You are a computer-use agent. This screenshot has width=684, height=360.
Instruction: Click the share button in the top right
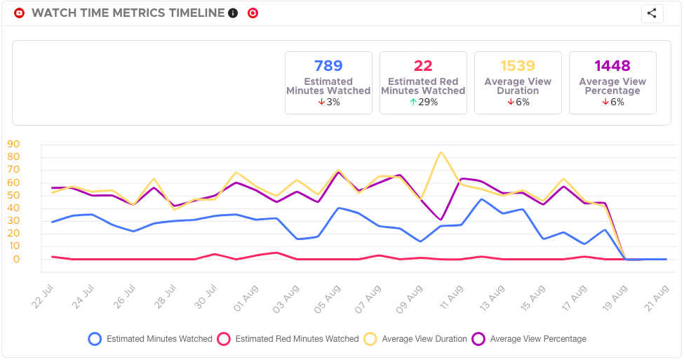tap(652, 13)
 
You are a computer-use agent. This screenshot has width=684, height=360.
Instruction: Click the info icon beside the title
tap(233, 13)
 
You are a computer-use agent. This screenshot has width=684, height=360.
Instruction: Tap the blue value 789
tap(328, 66)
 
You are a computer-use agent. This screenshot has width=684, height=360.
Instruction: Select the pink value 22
tap(423, 66)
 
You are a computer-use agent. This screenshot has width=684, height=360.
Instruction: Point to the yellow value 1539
tap(518, 66)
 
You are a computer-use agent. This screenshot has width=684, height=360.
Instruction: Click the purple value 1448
tap(612, 66)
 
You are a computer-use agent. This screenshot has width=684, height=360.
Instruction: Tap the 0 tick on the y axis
tap(16, 260)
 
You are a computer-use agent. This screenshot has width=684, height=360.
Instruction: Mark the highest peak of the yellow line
tap(441, 152)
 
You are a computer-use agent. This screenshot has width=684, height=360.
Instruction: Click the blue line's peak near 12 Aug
tap(481, 199)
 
